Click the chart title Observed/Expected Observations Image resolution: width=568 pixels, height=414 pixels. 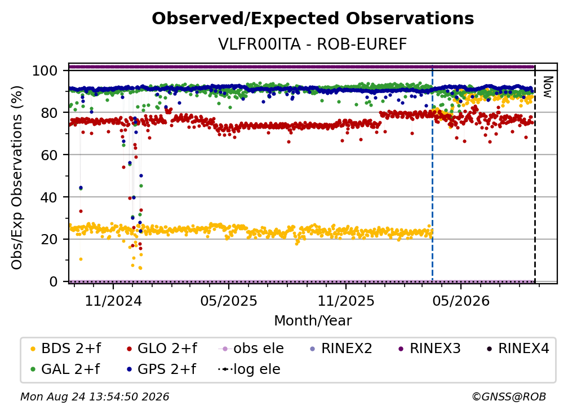313,19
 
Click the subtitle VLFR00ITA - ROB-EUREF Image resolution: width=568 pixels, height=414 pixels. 313,45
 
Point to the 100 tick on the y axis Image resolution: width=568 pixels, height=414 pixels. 45,71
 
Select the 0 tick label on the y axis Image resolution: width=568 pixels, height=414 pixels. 54,281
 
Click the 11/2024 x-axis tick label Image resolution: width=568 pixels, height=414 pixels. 113,301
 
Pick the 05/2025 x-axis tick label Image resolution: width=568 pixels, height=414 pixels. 229,301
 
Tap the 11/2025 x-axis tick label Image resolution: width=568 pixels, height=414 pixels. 346,301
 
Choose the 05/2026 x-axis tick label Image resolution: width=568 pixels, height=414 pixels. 461,301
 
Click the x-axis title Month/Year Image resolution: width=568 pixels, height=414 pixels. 313,321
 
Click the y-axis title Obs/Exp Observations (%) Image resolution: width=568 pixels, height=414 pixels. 17,177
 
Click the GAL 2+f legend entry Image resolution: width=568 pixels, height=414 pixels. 65,369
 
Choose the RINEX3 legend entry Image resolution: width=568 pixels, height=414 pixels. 429,349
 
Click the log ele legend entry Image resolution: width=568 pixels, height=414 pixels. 249,369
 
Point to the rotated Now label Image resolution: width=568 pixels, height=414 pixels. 547,87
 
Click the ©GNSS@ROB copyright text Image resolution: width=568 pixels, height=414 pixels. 509,397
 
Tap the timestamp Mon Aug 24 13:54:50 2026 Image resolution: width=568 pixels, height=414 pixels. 95,397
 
